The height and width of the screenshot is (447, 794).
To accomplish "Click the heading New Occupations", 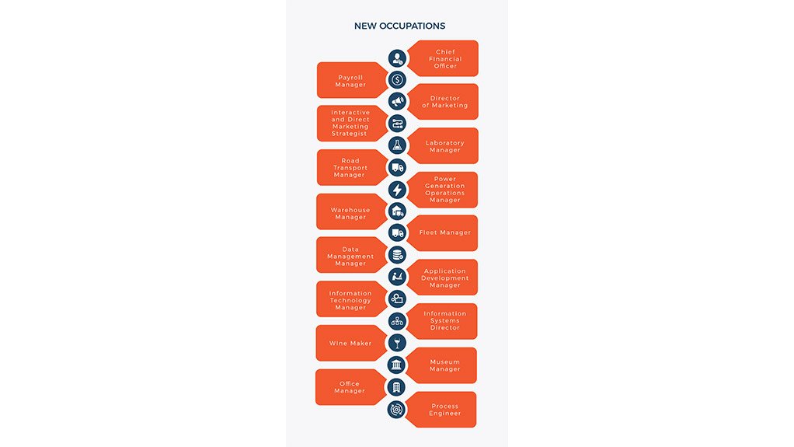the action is pos(399,26).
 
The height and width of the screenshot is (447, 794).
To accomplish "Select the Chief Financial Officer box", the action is pos(444,58).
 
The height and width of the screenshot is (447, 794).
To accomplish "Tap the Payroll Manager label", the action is pos(350,81).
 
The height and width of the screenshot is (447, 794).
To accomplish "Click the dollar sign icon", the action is pos(398,79).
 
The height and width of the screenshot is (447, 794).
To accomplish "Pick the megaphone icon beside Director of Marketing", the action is pos(398,101).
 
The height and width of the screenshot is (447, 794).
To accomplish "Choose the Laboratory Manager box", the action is pos(444,146).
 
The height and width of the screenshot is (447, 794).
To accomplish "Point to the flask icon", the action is pos(398,145).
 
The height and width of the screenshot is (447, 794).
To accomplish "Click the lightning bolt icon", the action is pos(398,190).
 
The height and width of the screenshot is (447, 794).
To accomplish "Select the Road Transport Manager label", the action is pos(350,168).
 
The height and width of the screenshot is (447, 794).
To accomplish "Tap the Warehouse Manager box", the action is pos(351,212).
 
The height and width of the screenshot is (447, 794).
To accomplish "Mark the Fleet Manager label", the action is pos(445,232).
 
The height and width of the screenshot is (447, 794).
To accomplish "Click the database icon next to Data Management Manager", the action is pos(398,255).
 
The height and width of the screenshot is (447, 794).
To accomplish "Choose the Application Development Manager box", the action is pos(443,278).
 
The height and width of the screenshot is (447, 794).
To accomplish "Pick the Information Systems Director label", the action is pos(445,321).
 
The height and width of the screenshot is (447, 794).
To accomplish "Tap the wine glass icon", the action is pos(397,343).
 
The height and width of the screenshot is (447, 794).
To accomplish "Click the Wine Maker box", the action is pos(351,343).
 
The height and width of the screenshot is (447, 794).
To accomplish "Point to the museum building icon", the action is pos(396,365).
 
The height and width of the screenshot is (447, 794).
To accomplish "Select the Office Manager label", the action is pos(350,387).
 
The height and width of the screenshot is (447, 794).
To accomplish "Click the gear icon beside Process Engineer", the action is pos(396,409).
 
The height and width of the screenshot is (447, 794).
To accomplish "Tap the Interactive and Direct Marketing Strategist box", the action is pos(352,123).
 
